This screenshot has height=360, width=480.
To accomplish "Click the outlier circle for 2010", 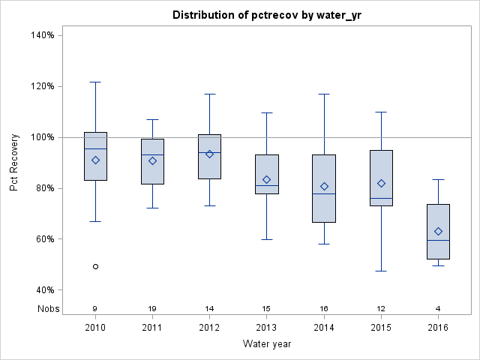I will pos(95,266).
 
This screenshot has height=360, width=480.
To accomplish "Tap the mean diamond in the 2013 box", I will pos(267,179).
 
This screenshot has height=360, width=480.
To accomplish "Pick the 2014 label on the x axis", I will pos(324,328).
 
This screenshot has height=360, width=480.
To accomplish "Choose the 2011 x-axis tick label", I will pos(152,328).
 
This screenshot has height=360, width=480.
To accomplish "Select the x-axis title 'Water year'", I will pos(267,344).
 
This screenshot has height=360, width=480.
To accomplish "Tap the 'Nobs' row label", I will pos(48,308).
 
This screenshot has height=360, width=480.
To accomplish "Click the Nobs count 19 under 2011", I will pos(152,308).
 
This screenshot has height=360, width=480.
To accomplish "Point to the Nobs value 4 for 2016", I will pos(438,308).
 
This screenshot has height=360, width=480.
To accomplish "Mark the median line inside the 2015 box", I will pos(381,199).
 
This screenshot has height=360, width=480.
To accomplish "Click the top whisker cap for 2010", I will pos(95,82).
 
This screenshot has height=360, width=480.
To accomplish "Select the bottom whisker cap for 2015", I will pos(381,271).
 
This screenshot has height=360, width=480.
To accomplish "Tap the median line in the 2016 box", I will pos(438,240).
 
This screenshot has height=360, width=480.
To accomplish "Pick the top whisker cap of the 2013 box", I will pos(267,112).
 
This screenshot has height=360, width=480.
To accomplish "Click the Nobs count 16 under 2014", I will pos(324,308).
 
